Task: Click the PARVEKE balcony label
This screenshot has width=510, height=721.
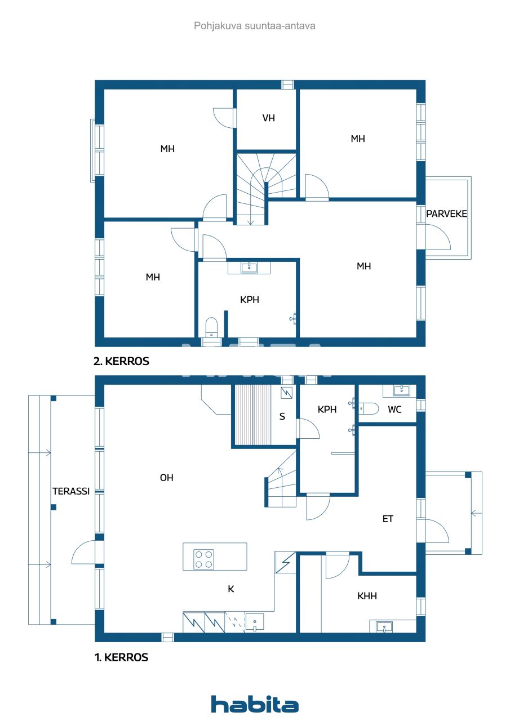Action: point(447,214)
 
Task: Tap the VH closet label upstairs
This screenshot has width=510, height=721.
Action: point(269,118)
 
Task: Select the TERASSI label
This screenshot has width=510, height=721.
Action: point(71,491)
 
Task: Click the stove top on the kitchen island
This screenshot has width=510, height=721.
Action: point(203,559)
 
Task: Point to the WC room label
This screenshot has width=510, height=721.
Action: point(394,410)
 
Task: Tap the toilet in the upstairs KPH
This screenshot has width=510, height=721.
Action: point(211,327)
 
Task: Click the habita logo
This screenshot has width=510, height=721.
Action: point(255,704)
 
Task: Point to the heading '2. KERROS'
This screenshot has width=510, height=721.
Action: point(121,362)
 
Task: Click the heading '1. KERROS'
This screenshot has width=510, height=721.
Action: point(121,657)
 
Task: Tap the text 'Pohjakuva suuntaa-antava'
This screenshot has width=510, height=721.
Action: point(255,26)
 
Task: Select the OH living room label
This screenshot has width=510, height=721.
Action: point(166,478)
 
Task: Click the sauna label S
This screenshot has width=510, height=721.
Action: point(282,417)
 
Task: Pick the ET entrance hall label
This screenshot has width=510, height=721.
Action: point(388,519)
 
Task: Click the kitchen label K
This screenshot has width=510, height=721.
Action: point(230,589)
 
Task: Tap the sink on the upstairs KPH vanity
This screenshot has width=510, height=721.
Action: point(249,268)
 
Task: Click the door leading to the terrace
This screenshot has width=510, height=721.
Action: point(85,552)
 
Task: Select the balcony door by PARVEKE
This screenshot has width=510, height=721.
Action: point(437,237)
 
